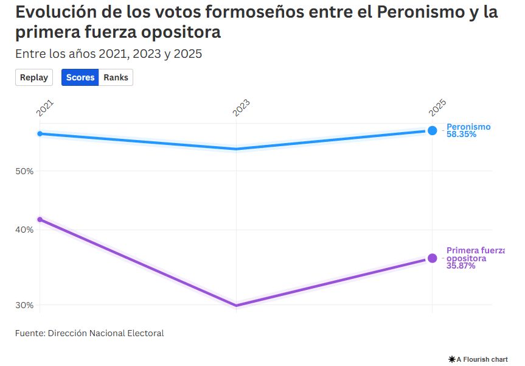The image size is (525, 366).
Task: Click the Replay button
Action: coord(34,77)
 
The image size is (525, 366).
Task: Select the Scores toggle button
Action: coord(80,77)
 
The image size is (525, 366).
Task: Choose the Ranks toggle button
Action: coord(116,77)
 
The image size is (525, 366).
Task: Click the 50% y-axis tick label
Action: coord(24,171)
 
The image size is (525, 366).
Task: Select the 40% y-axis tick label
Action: coord(24,230)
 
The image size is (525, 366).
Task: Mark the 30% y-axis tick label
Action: coord(24,305)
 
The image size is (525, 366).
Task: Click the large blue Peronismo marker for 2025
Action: coord(432,130)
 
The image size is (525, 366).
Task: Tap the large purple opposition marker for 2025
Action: coord(432,258)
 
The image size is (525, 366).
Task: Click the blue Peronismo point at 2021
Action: coord(40,133)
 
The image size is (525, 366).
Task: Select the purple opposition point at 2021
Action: coord(40,219)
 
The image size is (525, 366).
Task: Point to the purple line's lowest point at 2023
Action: coord(236,306)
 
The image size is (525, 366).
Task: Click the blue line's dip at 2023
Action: coord(236,149)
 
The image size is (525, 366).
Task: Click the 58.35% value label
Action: coord(461,135)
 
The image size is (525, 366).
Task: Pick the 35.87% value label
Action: coord(461,266)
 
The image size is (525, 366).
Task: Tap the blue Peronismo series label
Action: coord(468,127)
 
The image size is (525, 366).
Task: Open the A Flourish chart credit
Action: coord(478,359)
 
